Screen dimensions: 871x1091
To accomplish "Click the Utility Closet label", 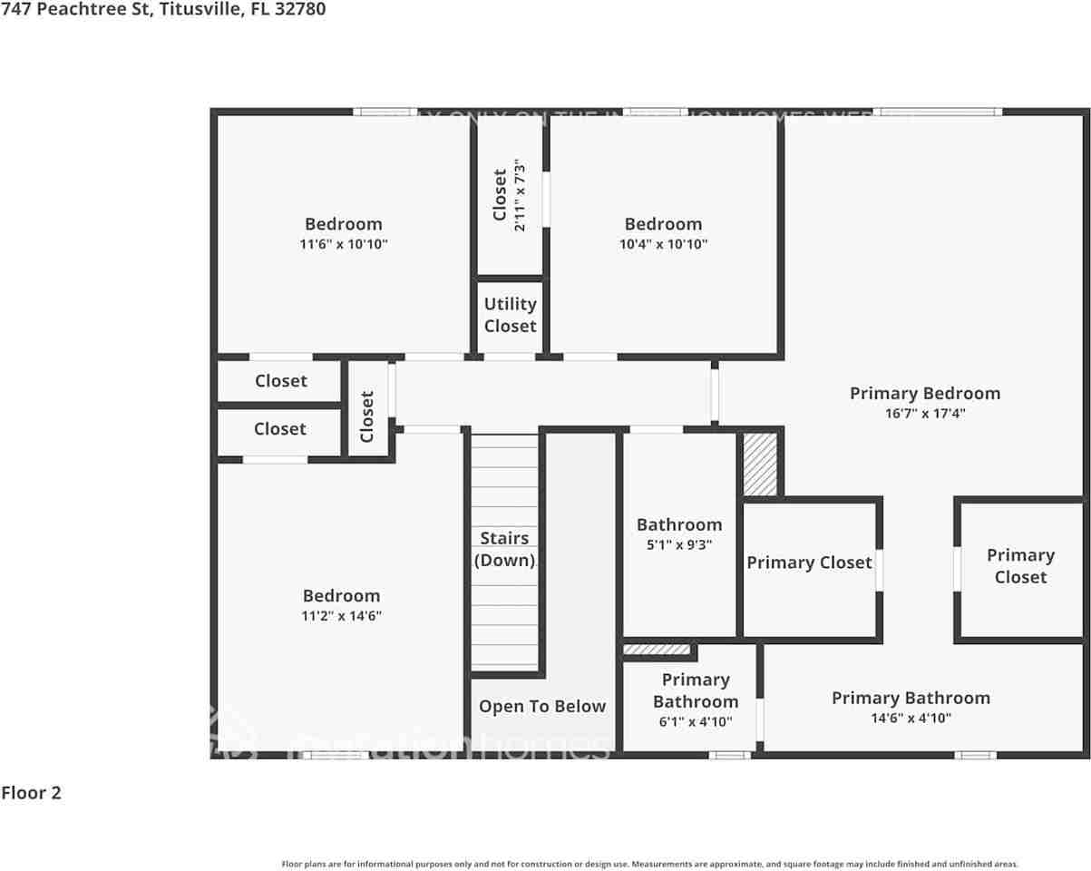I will tap(510, 315).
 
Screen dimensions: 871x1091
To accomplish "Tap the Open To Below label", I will tap(542, 707).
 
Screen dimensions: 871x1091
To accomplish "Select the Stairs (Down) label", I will tap(505, 549).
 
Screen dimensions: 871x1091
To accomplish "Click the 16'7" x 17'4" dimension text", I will tap(925, 414).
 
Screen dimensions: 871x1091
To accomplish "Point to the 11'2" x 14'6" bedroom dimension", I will tap(342, 616).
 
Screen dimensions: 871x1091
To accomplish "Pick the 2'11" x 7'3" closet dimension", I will tap(520, 195).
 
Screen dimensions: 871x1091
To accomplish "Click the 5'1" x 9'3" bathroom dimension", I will tap(679, 545).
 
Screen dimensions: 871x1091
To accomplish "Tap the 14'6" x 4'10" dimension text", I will tap(911, 719).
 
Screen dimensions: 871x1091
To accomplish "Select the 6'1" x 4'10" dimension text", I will tap(695, 722).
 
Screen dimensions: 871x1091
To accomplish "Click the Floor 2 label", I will tap(32, 793).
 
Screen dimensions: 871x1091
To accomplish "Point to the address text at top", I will tap(163, 9).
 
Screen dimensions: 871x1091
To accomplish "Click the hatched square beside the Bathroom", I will tap(760, 464).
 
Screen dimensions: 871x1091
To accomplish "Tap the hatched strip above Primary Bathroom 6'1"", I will tap(657, 650).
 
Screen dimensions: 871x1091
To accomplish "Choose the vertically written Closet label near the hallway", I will tap(367, 416).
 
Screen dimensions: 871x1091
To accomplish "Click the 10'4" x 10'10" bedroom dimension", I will tap(663, 244).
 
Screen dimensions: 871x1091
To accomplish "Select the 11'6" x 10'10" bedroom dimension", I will tap(344, 244).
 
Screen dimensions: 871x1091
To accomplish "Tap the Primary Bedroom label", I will tap(925, 393).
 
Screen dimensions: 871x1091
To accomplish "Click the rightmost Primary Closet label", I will tap(1020, 566).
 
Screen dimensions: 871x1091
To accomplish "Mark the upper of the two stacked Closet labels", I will tap(281, 381).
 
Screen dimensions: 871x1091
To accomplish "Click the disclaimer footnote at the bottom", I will tap(649, 864).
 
